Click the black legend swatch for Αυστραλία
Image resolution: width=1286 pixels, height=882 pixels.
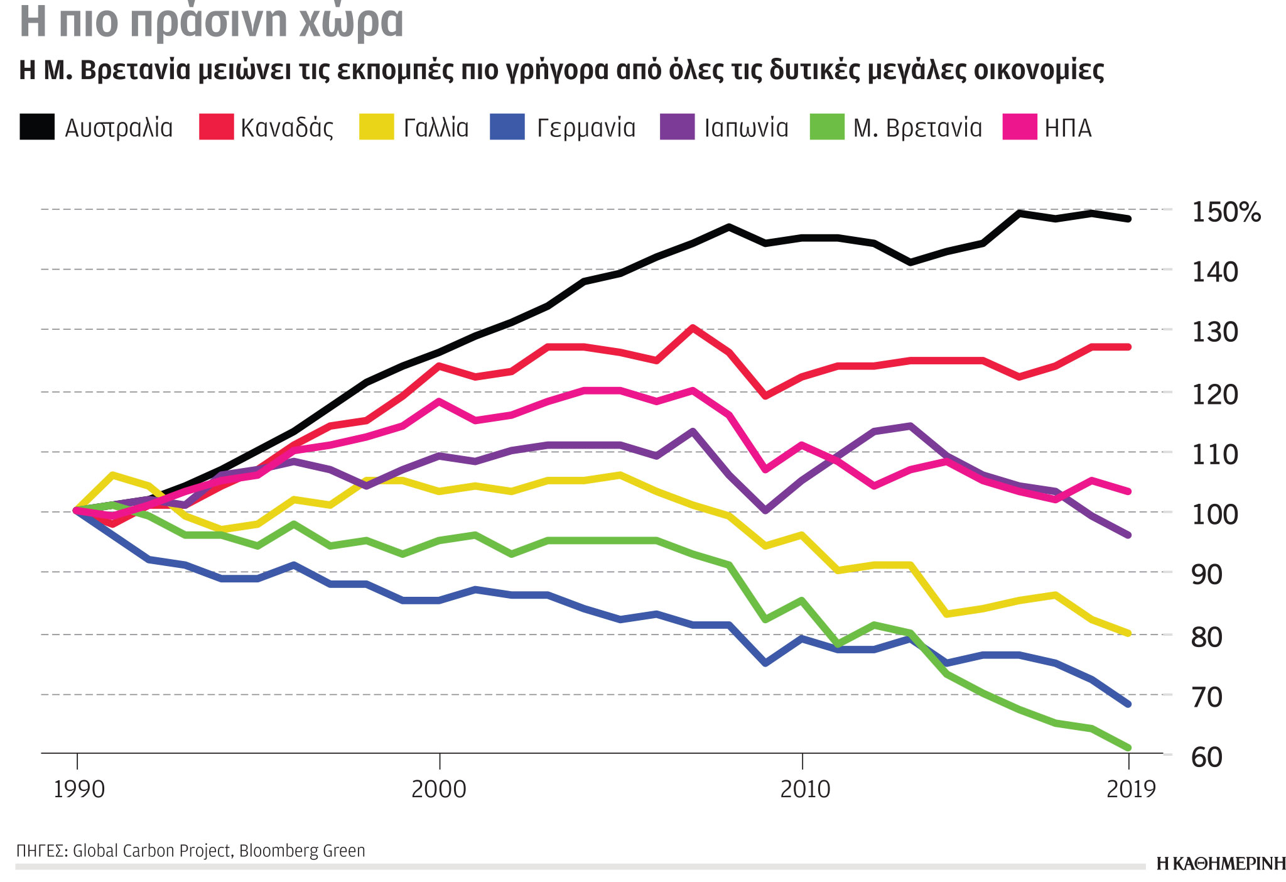(37, 126)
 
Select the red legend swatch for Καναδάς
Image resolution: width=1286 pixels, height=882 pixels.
(216, 126)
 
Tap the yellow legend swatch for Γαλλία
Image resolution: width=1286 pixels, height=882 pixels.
(376, 126)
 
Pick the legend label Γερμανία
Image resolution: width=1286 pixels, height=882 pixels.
(586, 128)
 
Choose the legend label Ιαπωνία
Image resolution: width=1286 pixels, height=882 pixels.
(746, 128)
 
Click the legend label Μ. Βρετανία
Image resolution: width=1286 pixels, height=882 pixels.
(917, 128)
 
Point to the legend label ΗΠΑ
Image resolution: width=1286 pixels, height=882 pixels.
(1068, 128)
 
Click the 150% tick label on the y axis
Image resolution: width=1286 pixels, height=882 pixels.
(1226, 212)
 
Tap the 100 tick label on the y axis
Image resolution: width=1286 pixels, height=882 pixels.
(1214, 514)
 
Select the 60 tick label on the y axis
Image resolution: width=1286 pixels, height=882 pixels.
(1207, 758)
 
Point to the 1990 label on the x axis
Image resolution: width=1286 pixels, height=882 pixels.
(78, 789)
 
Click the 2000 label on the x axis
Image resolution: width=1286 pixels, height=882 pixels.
(439, 789)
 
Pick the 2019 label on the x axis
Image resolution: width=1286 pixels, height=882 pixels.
(1131, 789)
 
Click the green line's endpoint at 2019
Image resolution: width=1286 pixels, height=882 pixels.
(1128, 748)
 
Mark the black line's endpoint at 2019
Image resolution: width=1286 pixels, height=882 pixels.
(1128, 219)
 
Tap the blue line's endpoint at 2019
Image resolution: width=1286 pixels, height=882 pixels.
(1128, 704)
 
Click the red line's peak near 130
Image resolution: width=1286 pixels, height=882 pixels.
(692, 327)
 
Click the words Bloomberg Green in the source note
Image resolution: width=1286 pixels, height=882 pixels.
(302, 851)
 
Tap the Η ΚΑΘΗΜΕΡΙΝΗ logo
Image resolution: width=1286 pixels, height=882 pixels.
(1221, 864)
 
